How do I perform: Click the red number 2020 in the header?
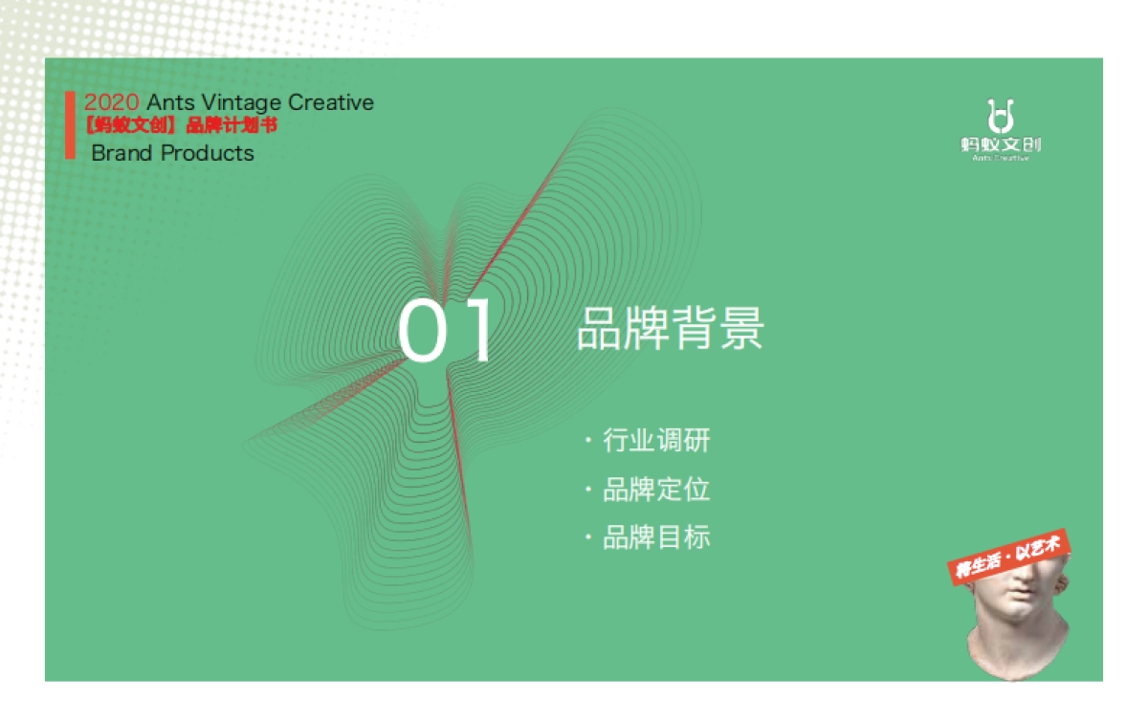pyautogui.click(x=112, y=102)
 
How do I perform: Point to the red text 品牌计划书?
pyautogui.click(x=232, y=125)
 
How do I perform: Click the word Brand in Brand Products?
pyautogui.click(x=121, y=153)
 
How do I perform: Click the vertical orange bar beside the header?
pyautogui.click(x=70, y=125)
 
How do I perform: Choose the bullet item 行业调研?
pyautogui.click(x=656, y=441)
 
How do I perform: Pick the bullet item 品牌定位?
pyautogui.click(x=656, y=490)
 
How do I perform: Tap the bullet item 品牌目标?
pyautogui.click(x=656, y=537)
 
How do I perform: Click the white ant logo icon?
pyautogui.click(x=1000, y=116)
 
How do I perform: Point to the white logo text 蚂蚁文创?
pyautogui.click(x=1000, y=144)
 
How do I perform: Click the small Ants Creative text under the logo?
pyautogui.click(x=1000, y=158)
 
